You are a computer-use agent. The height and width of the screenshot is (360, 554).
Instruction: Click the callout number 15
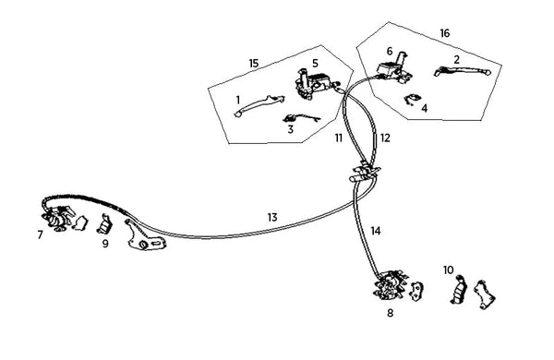tap(254, 64)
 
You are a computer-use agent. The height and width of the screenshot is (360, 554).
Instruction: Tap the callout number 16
tap(445, 33)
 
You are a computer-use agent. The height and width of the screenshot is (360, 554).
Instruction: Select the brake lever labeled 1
tap(259, 105)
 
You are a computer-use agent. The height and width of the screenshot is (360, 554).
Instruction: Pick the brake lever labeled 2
tap(463, 71)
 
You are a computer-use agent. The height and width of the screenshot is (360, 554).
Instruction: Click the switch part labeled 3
tap(301, 119)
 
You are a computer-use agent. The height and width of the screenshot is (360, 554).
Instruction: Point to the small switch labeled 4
tap(412, 100)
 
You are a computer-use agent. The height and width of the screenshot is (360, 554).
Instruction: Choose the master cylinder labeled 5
tap(315, 85)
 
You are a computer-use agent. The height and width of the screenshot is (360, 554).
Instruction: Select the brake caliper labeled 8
tap(390, 285)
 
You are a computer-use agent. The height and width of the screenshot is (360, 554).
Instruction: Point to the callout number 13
tap(272, 218)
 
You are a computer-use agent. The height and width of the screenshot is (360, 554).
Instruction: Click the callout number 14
tap(376, 231)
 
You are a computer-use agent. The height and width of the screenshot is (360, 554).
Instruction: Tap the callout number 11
tap(339, 138)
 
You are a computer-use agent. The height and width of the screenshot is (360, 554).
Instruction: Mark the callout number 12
tap(385, 138)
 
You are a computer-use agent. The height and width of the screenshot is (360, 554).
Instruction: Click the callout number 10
tap(448, 270)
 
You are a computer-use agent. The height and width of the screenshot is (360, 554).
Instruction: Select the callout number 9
tap(105, 244)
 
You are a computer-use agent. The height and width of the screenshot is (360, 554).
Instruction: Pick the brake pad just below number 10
tap(459, 290)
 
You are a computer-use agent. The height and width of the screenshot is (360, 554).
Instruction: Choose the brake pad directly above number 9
tap(104, 224)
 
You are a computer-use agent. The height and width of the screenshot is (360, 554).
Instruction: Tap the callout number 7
tap(41, 235)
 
